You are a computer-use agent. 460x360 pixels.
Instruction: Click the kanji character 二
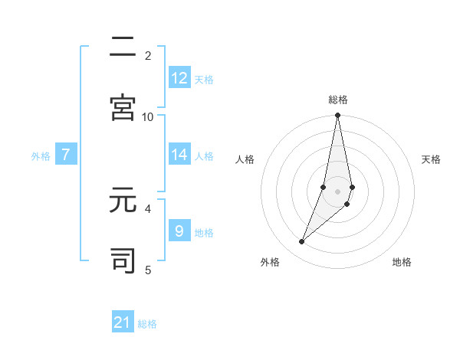123,47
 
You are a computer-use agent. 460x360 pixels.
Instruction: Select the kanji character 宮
123,107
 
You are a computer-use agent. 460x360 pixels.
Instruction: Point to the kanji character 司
123,260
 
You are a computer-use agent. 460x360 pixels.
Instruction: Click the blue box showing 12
179,78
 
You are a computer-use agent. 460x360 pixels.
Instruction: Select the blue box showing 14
179,155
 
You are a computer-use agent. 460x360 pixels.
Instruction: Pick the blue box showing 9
179,231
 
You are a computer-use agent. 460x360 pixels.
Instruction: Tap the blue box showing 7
66,155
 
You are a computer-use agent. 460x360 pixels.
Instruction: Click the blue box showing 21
123,322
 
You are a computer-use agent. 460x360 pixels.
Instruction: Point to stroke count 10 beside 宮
148,116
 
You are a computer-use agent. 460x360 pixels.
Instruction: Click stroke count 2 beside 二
148,55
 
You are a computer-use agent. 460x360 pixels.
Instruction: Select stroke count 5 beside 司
148,270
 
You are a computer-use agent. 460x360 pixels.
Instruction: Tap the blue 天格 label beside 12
204,80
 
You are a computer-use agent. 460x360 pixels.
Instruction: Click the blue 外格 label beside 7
41,156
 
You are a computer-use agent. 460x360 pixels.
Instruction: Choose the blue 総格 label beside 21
147,324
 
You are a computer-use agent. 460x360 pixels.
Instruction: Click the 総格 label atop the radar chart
337,100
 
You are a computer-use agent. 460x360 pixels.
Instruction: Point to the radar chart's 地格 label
402,263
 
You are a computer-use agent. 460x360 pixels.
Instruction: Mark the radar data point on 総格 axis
337,116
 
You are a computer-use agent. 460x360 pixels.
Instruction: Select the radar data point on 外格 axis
301,242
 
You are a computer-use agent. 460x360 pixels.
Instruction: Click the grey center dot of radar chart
337,191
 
